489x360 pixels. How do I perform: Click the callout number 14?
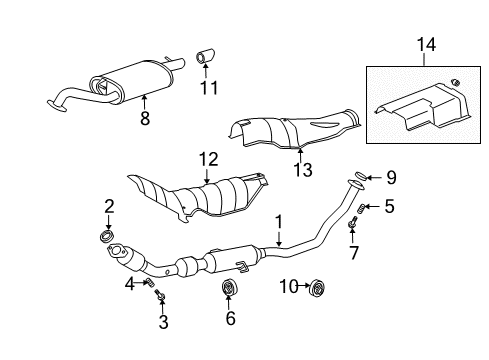coord(426,45)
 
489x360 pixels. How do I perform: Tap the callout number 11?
coord(209,88)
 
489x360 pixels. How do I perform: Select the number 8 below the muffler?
coord(145,118)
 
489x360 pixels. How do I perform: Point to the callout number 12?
coord(209,159)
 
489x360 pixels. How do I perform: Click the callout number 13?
coord(303,170)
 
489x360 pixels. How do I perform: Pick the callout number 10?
coord(289,286)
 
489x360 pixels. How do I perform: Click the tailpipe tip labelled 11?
coord(205,56)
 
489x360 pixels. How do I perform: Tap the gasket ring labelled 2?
coord(107,235)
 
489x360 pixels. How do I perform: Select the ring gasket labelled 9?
coord(361,175)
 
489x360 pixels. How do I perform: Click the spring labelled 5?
coord(361,209)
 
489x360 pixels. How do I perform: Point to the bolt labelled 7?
coord(353,223)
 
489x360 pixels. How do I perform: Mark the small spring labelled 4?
coord(150,282)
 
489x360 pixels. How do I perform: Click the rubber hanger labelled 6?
coord(229,288)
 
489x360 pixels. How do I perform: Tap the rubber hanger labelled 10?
coord(317,288)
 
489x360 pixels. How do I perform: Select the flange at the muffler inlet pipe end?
coord(56,105)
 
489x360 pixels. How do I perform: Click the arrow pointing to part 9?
coord(375,178)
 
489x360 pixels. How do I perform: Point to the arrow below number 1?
coord(279,239)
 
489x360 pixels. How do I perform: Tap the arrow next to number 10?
coord(304,286)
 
